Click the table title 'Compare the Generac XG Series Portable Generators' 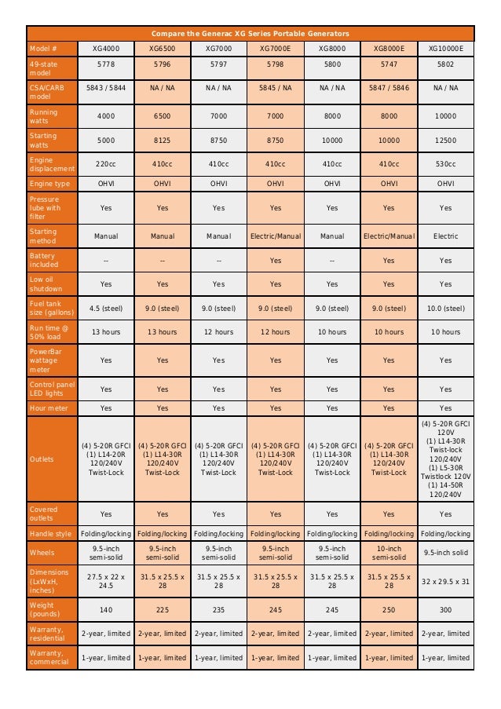(x=251, y=33)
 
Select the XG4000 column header (x=105, y=48)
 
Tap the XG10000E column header (x=445, y=48)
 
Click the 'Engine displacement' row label (x=52, y=164)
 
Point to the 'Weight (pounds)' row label (x=52, y=609)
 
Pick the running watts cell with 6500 (x=163, y=115)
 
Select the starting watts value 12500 (x=445, y=140)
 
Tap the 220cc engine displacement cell (x=105, y=164)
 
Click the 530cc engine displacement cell (x=445, y=164)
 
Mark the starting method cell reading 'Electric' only (x=445, y=236)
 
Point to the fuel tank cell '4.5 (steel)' (x=105, y=309)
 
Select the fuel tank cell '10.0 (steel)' (x=445, y=309)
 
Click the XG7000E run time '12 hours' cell (x=275, y=332)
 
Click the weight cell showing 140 (x=105, y=609)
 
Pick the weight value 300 (x=445, y=609)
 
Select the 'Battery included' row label (x=52, y=261)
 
